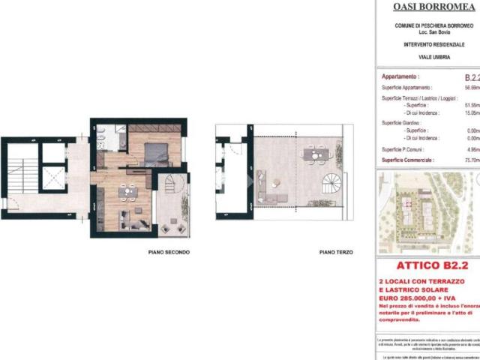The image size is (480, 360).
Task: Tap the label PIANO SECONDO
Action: click(169, 253)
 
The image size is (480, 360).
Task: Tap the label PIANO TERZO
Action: click(336, 253)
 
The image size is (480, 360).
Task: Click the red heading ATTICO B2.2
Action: click(427, 266)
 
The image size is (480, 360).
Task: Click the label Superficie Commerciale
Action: click(412, 160)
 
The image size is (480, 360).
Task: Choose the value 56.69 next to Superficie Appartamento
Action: click(472, 87)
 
